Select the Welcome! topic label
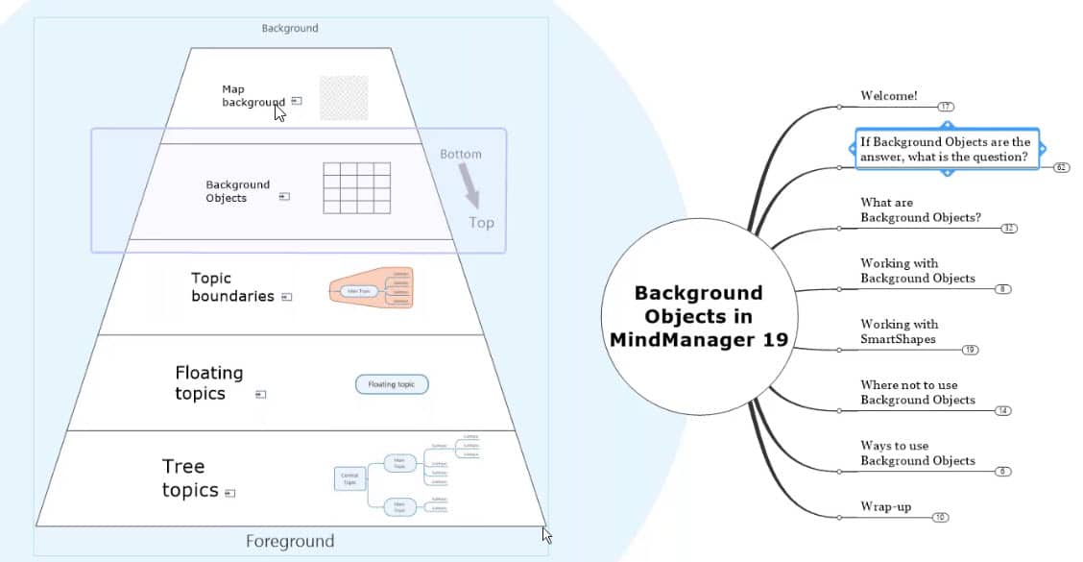click(x=888, y=95)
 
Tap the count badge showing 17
click(x=946, y=107)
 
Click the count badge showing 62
click(x=1061, y=167)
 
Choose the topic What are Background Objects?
click(x=920, y=210)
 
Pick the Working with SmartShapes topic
click(x=899, y=331)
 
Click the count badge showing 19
click(x=970, y=350)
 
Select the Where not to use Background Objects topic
click(x=917, y=392)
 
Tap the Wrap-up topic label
click(x=885, y=506)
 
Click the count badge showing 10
click(x=940, y=517)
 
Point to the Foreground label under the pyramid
click(x=290, y=541)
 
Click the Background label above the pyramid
click(x=290, y=29)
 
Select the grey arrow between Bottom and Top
click(x=469, y=184)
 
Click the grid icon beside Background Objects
click(x=356, y=187)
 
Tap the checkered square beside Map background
click(x=344, y=98)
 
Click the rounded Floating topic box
click(x=392, y=384)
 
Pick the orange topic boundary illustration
click(x=372, y=288)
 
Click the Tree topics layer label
click(x=190, y=478)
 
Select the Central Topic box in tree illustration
click(x=349, y=477)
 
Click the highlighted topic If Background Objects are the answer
click(x=945, y=149)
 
